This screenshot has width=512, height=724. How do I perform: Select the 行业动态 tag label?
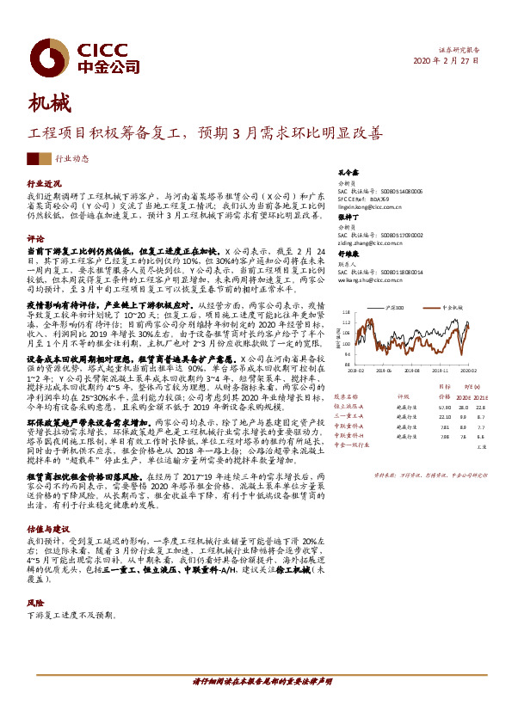pos(72,159)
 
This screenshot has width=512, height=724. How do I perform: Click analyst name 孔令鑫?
pos(347,172)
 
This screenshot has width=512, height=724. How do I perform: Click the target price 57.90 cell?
pos(445,406)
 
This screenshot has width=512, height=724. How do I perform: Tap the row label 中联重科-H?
pos(349,437)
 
